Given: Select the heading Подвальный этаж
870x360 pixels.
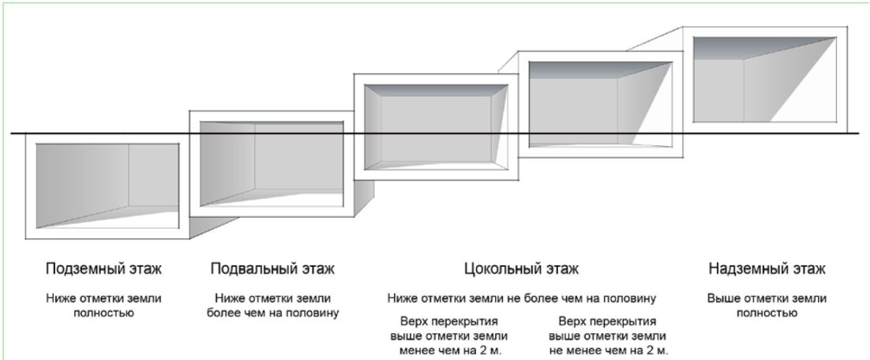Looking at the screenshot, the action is coord(272,269).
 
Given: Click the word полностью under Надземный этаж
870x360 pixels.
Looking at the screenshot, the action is coord(767,313).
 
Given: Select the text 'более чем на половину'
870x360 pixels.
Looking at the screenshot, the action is coord(272,313).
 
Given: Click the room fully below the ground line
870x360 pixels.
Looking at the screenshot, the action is coord(107,186).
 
